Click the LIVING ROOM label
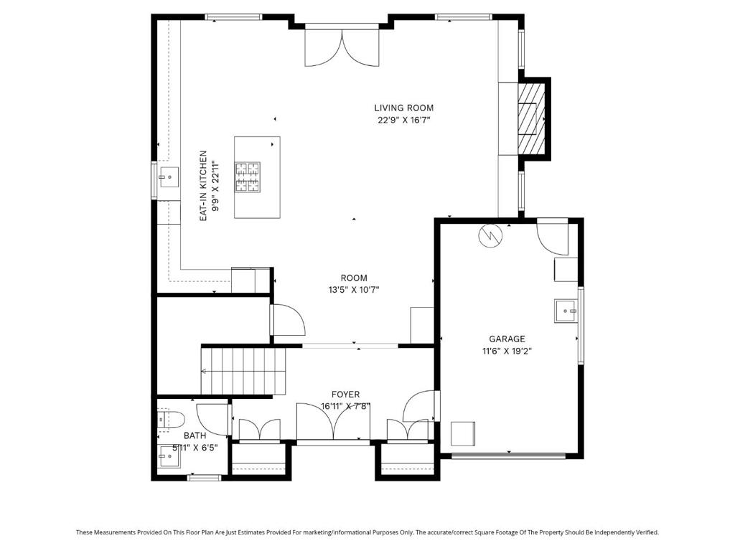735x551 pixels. coord(403,108)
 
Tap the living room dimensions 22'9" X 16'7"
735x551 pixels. coord(403,120)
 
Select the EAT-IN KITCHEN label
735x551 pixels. coord(203,186)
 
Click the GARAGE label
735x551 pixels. coord(507,339)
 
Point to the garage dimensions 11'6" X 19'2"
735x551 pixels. coord(507,351)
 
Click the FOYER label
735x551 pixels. coord(345,395)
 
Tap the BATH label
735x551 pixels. coord(195,435)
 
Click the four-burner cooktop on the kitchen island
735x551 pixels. coord(248,177)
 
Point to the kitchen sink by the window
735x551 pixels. coord(169,177)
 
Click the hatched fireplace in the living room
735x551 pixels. coord(531,119)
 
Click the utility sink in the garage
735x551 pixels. coord(566,311)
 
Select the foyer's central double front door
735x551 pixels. coord(334,421)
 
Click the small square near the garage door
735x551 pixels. coord(463,434)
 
